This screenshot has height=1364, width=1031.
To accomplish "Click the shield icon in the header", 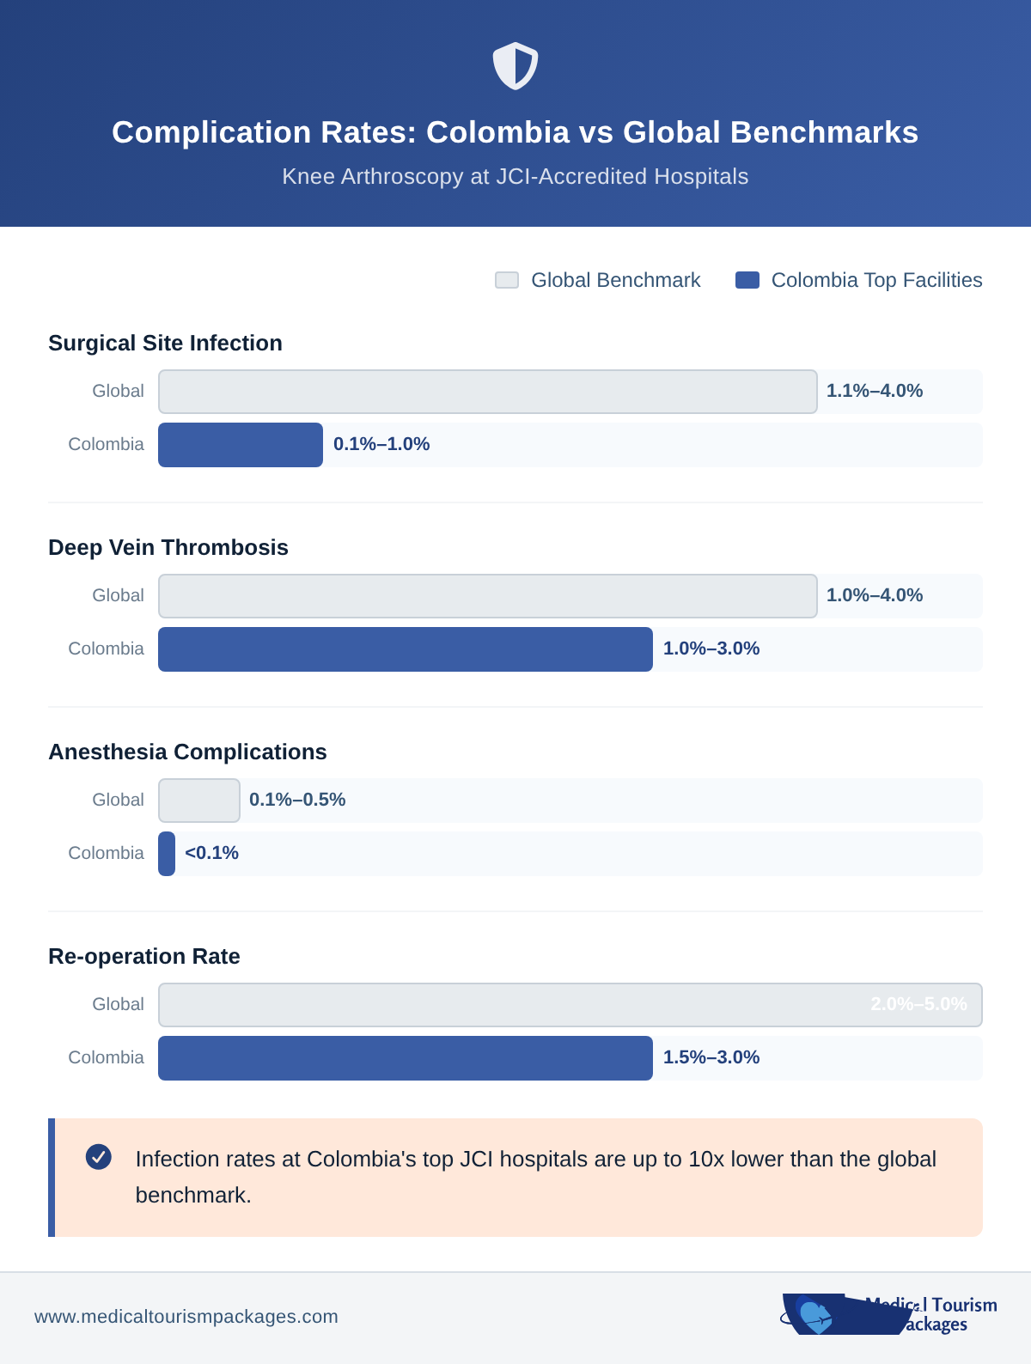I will tap(515, 66).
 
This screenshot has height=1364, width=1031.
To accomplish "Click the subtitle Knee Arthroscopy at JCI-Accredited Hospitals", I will tap(515, 176).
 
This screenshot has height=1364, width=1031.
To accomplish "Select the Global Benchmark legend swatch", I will tap(507, 280).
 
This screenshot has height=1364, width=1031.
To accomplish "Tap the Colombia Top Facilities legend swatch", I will tap(747, 280).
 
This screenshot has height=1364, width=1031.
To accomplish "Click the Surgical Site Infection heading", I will tap(165, 343).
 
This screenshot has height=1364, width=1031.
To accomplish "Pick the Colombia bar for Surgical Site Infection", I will tap(241, 445).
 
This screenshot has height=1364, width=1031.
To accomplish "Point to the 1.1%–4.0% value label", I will tap(874, 391).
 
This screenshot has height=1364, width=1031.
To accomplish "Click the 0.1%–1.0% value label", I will tap(381, 444).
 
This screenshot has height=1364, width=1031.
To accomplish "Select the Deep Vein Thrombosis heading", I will tap(168, 547).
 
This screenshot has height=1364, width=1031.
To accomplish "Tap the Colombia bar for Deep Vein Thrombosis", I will tap(406, 649).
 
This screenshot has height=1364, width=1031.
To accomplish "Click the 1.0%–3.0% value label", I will tap(711, 649).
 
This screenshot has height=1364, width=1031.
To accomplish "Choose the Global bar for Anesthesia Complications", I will tap(199, 801).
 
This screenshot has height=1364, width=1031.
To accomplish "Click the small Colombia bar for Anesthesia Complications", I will tap(167, 854).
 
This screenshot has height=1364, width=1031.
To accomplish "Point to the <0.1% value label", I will tap(211, 853).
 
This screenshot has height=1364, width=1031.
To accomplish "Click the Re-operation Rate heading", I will tap(144, 956).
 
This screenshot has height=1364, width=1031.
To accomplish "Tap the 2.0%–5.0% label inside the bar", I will tap(918, 1004).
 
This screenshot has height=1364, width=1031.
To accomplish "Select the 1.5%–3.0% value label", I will tap(711, 1057).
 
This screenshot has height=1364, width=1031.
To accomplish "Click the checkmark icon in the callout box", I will tap(99, 1157).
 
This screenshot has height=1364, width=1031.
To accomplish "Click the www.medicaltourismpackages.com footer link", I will tap(186, 1317).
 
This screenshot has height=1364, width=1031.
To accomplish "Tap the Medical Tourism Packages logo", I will tap(889, 1314).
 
